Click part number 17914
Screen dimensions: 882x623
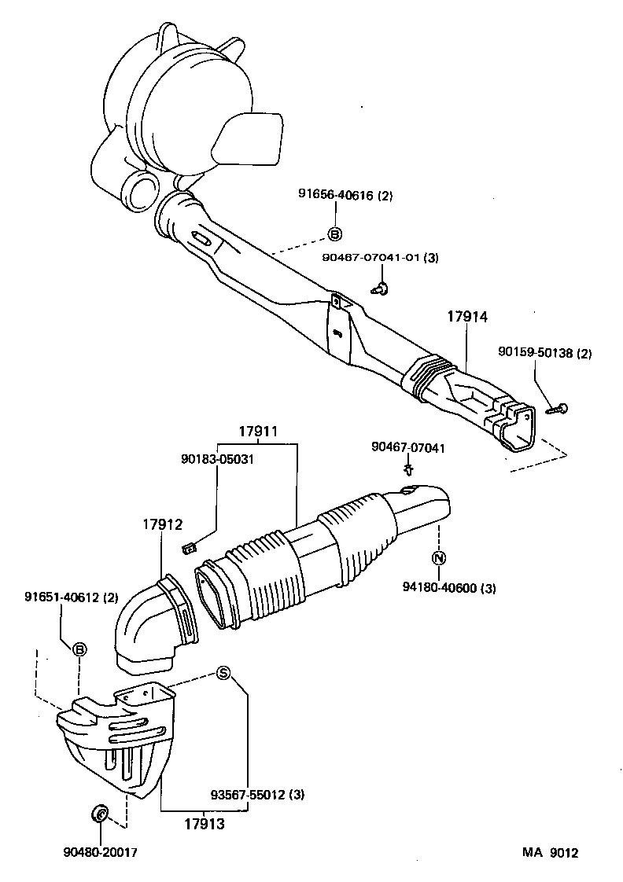[468, 318]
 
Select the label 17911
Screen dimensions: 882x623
[260, 432]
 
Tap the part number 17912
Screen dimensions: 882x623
[163, 524]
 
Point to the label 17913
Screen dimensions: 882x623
[205, 825]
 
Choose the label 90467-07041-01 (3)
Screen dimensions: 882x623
[380, 257]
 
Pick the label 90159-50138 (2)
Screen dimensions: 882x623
[544, 354]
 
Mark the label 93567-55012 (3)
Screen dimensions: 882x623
[257, 794]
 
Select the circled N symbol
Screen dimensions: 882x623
[439, 559]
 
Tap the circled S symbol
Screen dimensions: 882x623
[223, 673]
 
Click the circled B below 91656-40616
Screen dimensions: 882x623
[334, 233]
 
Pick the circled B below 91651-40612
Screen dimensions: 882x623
[79, 649]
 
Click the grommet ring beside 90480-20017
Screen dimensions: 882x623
[101, 813]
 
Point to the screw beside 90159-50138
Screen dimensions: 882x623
[560, 407]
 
